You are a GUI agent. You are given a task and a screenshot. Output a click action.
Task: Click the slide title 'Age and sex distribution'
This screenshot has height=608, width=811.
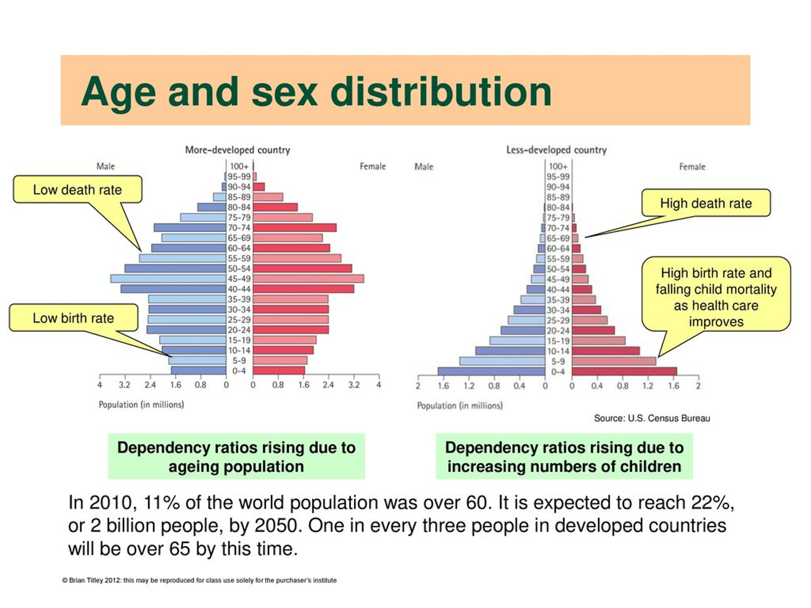(x=316, y=92)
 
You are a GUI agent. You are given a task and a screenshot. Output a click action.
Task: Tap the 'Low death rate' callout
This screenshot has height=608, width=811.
(x=78, y=190)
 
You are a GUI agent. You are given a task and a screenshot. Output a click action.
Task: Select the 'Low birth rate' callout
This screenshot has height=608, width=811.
(x=73, y=318)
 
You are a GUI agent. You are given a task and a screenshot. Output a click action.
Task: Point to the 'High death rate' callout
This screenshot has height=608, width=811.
(x=706, y=203)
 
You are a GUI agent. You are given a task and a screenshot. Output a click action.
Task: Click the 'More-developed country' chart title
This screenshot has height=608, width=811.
(x=238, y=150)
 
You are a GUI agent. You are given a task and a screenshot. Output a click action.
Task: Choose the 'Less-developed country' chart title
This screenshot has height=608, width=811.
(x=556, y=150)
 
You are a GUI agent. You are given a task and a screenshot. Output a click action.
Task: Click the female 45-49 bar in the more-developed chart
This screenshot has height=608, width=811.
(x=308, y=279)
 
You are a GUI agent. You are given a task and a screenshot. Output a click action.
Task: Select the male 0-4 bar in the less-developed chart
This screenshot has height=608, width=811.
(x=491, y=372)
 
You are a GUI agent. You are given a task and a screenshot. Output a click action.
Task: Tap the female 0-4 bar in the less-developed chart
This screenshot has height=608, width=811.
(x=624, y=372)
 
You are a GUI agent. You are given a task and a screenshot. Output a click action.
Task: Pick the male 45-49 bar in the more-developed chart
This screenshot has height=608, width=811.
(x=168, y=279)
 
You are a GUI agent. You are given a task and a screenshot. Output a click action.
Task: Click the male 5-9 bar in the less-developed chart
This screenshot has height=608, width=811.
(x=502, y=361)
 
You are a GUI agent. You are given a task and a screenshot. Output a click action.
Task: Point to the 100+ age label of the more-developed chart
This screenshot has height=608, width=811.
(x=239, y=167)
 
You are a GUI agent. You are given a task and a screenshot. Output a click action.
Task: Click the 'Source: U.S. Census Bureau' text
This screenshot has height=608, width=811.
(x=652, y=418)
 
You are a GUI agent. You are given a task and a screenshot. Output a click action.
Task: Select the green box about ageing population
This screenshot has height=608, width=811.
(x=237, y=457)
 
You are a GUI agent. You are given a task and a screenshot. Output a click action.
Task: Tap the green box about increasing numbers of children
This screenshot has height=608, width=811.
(x=564, y=457)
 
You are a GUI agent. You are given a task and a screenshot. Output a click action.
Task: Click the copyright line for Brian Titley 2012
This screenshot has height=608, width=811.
(x=199, y=580)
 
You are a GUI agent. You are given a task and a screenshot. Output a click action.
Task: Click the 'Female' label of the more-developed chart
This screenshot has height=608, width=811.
(x=373, y=167)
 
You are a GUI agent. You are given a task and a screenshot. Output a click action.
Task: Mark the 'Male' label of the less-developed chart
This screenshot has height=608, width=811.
(x=424, y=167)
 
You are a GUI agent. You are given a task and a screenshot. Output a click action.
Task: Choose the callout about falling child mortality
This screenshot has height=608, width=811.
(x=716, y=297)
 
